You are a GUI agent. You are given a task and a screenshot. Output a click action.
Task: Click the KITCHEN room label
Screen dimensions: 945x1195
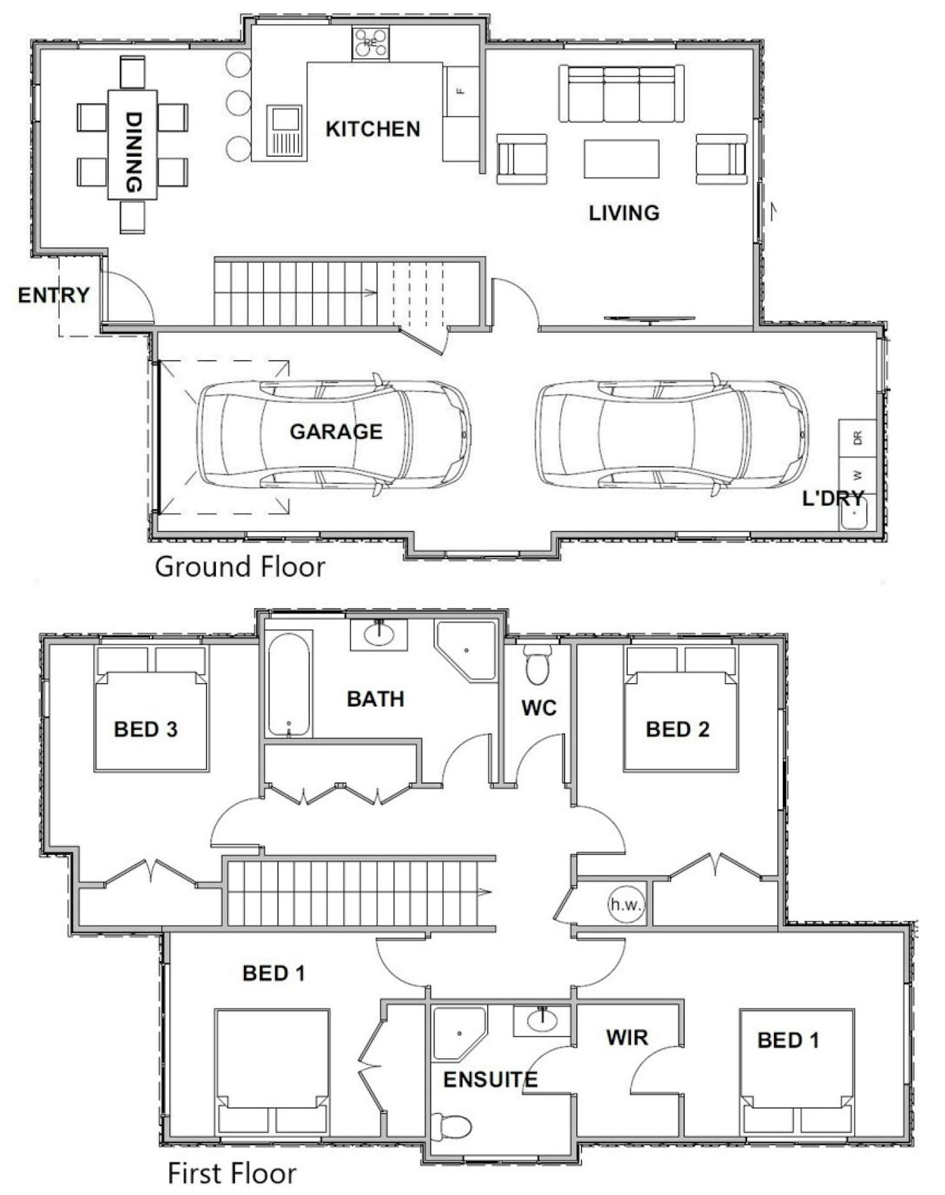pyautogui.click(x=373, y=129)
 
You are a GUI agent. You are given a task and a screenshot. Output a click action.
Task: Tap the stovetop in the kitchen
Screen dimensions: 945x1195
pyautogui.click(x=370, y=43)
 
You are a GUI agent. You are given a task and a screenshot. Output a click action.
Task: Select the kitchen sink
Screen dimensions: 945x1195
pyautogui.click(x=285, y=131)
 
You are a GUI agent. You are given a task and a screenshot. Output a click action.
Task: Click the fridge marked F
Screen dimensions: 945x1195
pyautogui.click(x=462, y=91)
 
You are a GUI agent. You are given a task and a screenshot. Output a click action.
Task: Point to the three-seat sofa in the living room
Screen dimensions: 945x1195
pyautogui.click(x=621, y=93)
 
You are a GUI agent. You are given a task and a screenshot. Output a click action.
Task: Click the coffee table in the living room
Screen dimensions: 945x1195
pyautogui.click(x=621, y=159)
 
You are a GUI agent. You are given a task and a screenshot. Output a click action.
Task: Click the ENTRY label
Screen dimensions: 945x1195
pyautogui.click(x=54, y=295)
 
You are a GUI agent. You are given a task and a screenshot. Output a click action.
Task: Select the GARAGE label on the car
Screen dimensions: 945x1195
pyautogui.click(x=336, y=432)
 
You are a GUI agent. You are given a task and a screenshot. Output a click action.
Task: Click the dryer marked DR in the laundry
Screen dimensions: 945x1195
pyautogui.click(x=858, y=438)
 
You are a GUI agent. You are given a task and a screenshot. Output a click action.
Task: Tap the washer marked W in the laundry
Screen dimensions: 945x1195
pyautogui.click(x=858, y=475)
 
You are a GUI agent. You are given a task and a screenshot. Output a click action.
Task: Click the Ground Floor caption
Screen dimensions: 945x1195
pyautogui.click(x=240, y=567)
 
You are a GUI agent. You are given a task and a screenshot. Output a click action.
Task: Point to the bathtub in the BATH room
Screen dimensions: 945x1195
pyautogui.click(x=289, y=684)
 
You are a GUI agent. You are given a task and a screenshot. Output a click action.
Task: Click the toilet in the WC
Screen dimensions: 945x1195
pyautogui.click(x=538, y=664)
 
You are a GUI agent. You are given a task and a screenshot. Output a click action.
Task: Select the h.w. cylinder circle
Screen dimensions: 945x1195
pyautogui.click(x=626, y=904)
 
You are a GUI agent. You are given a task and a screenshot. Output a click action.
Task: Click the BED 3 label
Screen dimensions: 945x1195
pyautogui.click(x=146, y=729)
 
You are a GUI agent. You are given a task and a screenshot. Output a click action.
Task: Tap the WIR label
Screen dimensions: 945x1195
pyautogui.click(x=627, y=1038)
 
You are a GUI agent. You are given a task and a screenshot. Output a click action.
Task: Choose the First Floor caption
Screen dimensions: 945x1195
pyautogui.click(x=232, y=1173)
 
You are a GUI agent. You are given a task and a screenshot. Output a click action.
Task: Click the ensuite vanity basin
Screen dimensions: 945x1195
pyautogui.click(x=541, y=1021)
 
